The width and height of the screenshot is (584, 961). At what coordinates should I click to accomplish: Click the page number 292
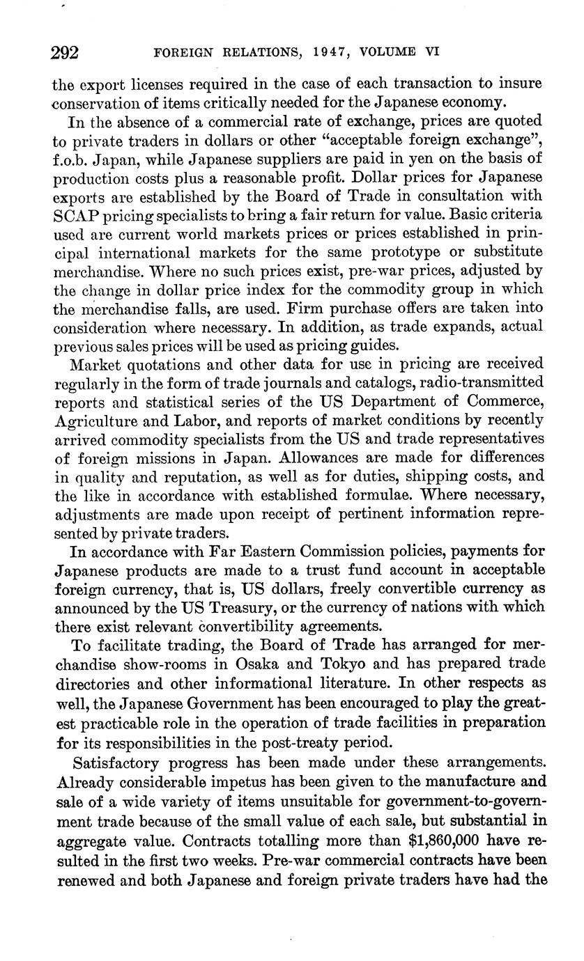pyautogui.click(x=66, y=52)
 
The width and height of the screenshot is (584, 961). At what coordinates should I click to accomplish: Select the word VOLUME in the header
pyautogui.click(x=394, y=52)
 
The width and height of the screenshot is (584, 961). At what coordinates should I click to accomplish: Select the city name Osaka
pyautogui.click(x=253, y=662)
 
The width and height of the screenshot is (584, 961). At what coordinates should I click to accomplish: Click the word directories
pyautogui.click(x=89, y=681)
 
